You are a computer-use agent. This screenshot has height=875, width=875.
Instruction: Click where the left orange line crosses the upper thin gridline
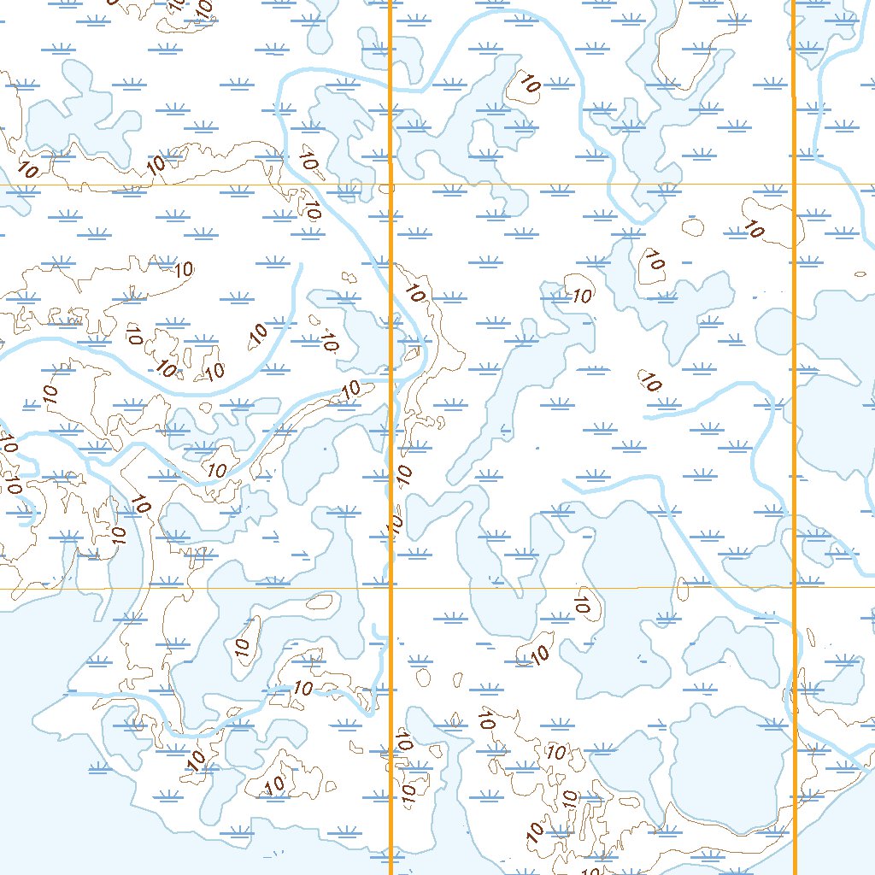point(391,185)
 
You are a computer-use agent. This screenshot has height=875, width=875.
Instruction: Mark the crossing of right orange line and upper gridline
point(795,184)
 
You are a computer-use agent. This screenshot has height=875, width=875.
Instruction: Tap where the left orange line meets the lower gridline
point(391,588)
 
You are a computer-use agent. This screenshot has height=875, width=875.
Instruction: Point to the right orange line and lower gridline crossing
point(795,587)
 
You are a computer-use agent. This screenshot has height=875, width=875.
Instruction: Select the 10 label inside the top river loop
point(529,84)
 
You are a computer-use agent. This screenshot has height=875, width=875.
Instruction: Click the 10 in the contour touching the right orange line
point(754,229)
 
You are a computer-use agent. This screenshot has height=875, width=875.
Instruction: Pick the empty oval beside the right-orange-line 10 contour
point(693,227)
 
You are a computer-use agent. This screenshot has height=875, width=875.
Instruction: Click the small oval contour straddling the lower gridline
point(683,588)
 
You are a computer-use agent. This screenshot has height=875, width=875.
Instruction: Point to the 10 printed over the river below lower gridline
point(303,688)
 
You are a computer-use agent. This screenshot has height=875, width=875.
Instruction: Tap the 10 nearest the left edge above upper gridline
point(27,170)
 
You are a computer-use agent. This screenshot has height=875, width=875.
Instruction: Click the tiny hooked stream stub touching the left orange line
point(378,632)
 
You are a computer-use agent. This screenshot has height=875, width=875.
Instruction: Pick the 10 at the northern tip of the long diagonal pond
point(582,297)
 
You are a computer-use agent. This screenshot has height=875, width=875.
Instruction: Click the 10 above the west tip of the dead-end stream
point(650,384)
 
